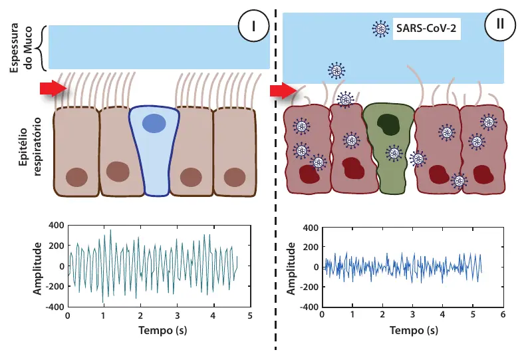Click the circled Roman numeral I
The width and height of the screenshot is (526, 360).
click(x=253, y=26)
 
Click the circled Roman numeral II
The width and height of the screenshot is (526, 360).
click(x=500, y=25)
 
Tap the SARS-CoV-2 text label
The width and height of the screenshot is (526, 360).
click(x=426, y=28)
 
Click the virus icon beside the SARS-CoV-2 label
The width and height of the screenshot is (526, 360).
click(x=381, y=29)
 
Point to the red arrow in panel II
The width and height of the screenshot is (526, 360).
click(x=284, y=90)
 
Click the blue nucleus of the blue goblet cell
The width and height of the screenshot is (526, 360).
click(x=154, y=123)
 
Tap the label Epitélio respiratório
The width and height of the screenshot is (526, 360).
click(x=29, y=146)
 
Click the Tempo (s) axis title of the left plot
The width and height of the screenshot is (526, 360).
click(x=163, y=331)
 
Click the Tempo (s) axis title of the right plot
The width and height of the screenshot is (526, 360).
click(x=414, y=331)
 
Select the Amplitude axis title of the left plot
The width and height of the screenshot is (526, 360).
click(x=37, y=268)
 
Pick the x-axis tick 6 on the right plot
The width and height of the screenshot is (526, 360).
click(x=503, y=314)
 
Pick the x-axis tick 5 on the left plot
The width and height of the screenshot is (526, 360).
click(x=250, y=315)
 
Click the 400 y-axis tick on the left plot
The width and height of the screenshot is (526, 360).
click(x=56, y=226)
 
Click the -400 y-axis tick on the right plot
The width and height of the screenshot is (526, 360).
click(x=309, y=307)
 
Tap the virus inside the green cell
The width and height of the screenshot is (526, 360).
click(x=394, y=153)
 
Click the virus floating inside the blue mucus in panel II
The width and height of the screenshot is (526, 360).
click(x=336, y=71)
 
